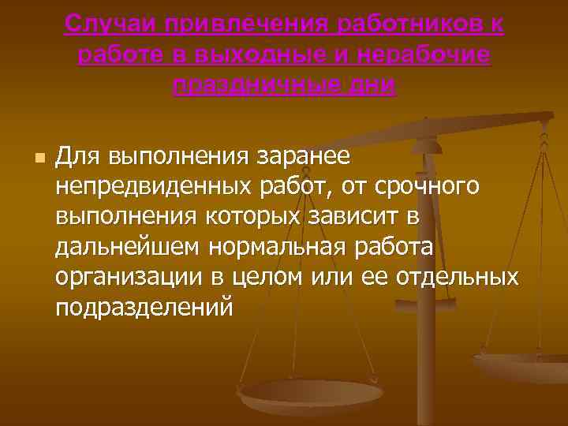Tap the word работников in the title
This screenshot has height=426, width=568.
point(407,24)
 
